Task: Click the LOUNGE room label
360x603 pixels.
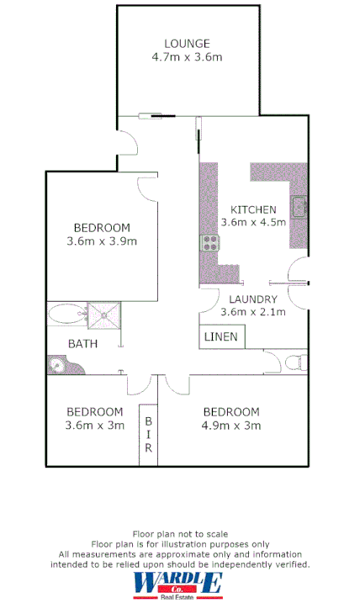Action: coord(187,44)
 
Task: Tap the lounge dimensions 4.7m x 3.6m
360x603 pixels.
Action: coord(187,58)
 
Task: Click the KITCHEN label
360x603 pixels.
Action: coord(253,209)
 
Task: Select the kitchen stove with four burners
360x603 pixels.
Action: coord(209,243)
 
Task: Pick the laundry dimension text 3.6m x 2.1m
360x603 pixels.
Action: coord(253,312)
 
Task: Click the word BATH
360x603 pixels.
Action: coord(82,343)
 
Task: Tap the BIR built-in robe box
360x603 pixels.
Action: coord(148,435)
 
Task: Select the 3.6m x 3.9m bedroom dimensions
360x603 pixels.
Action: coord(101,241)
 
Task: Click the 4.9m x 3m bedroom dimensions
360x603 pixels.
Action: coord(230,426)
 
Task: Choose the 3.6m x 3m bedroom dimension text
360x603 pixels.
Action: coord(94,426)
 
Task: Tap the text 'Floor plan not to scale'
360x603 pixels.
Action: coord(180,534)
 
